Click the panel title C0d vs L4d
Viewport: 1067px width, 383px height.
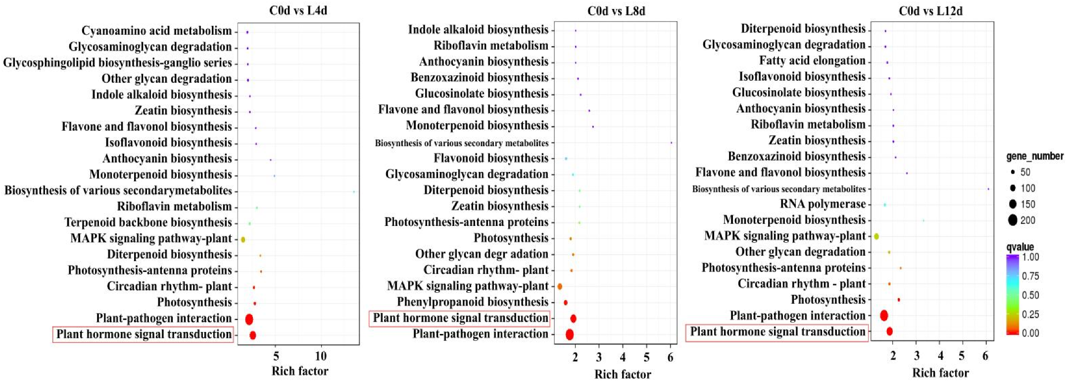(x=298, y=10)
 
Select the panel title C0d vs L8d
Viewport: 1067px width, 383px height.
(x=616, y=10)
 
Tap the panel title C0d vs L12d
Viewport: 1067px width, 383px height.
(x=930, y=10)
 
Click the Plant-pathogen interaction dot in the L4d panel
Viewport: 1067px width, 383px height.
(x=249, y=319)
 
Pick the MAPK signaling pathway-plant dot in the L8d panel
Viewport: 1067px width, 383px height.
(x=560, y=286)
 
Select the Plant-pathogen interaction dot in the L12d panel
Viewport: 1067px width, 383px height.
(x=884, y=315)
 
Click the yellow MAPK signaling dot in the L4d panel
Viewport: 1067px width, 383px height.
(x=243, y=239)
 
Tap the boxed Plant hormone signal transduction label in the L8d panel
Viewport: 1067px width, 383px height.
(x=460, y=318)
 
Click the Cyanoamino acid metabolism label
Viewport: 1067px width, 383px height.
(x=156, y=31)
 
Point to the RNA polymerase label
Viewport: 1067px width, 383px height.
(x=823, y=204)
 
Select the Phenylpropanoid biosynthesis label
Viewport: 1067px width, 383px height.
(x=472, y=302)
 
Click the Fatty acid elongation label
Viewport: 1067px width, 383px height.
(x=812, y=60)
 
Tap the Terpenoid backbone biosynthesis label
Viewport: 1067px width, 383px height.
(x=148, y=222)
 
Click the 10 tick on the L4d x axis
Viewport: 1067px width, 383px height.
(x=321, y=356)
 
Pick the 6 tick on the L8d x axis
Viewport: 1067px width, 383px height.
(x=670, y=357)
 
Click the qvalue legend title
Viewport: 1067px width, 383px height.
(x=1020, y=247)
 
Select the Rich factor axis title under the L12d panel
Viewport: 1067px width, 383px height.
(x=940, y=373)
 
